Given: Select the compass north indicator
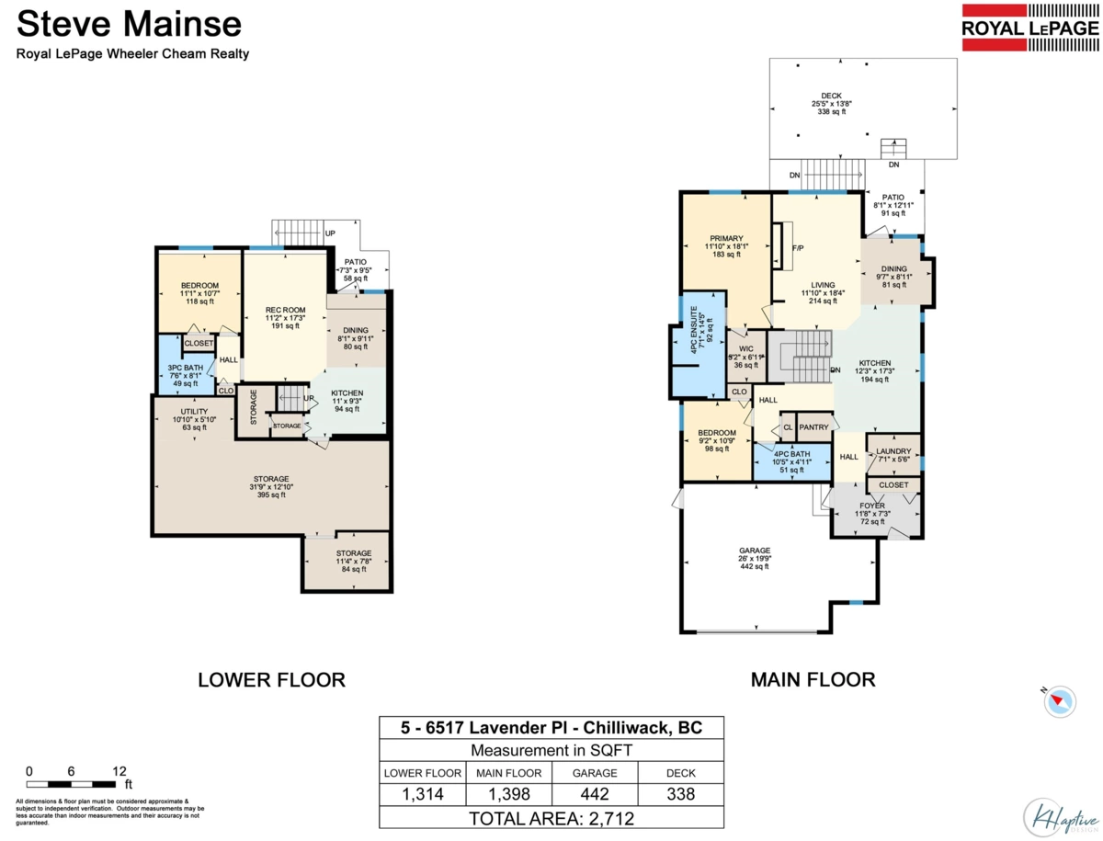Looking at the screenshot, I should click(1060, 700).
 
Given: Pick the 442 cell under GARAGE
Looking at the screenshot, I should click(595, 794).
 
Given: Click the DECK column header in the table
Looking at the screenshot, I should click(681, 773).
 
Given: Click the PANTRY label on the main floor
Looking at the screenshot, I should click(813, 427).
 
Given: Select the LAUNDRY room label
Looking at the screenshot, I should click(893, 451).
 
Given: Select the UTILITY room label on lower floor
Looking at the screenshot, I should click(193, 411).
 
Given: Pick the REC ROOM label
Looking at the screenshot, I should click(284, 310).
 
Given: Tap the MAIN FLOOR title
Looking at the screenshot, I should click(813, 680).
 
